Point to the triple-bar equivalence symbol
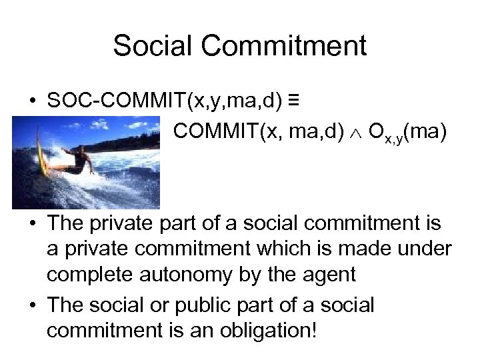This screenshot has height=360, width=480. tap(293, 100)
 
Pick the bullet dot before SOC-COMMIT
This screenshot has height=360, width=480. tap(32, 101)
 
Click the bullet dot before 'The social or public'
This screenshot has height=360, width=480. tap(32, 305)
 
